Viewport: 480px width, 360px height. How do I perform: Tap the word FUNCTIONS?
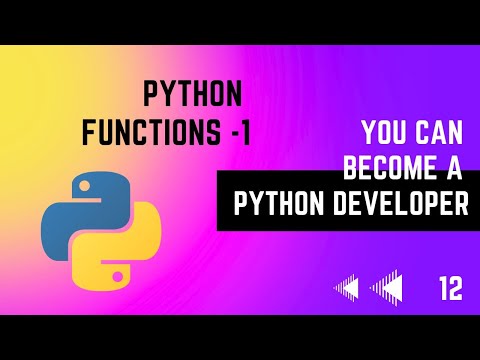click(176, 130)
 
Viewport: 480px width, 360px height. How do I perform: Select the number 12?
click(450, 290)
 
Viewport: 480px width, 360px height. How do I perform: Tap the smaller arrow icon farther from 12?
click(346, 290)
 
